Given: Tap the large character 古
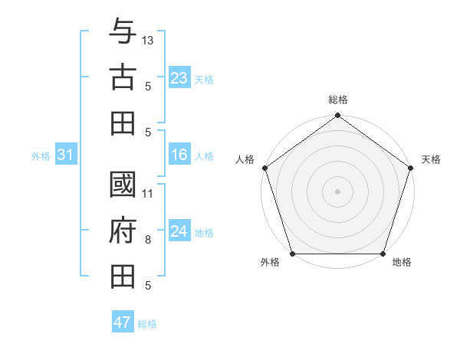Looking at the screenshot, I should coord(123,77).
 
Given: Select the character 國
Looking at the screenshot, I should coord(123,185).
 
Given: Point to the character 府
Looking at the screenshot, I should coord(123,230).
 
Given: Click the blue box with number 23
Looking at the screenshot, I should coord(179,77).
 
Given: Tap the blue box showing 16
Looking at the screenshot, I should coord(179,155).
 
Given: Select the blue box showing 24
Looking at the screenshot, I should coord(179,231).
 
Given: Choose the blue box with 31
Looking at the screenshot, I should coord(65,155).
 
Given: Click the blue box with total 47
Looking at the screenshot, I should coord(123,322).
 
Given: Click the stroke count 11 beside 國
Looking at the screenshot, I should coord(148,193).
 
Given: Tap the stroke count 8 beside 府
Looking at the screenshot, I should coord(148,240).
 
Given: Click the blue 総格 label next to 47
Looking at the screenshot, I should coord(147,324).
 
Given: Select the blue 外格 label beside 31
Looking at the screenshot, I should coord(41,156).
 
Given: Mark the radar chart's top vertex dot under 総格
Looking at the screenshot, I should coord(337,116).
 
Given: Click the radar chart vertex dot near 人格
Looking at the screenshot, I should coord(265,168).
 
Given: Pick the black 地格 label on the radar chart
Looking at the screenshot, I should coord(402,263).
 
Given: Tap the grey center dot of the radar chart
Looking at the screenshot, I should coord(337,191).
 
